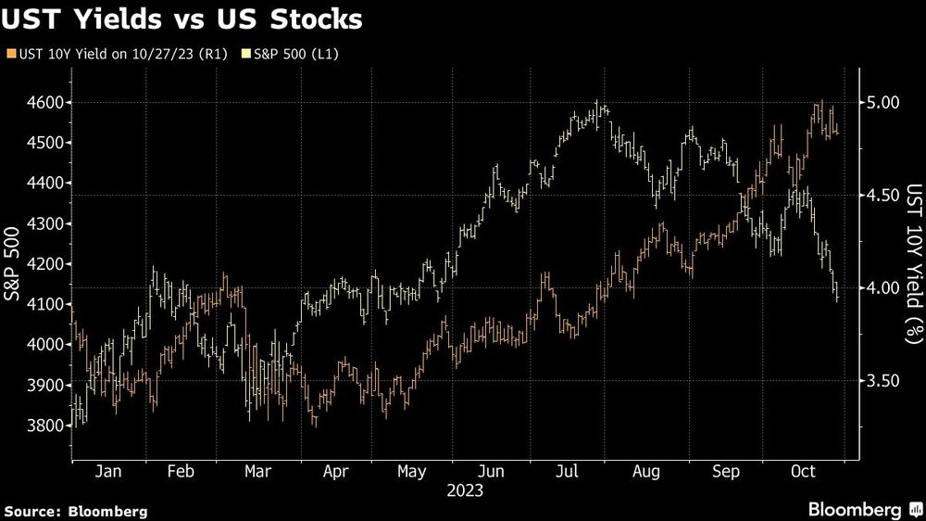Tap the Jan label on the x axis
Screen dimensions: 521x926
click(x=109, y=472)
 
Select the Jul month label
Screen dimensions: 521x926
click(x=566, y=472)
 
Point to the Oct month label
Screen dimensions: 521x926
click(x=803, y=472)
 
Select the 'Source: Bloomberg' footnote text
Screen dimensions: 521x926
click(x=76, y=511)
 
